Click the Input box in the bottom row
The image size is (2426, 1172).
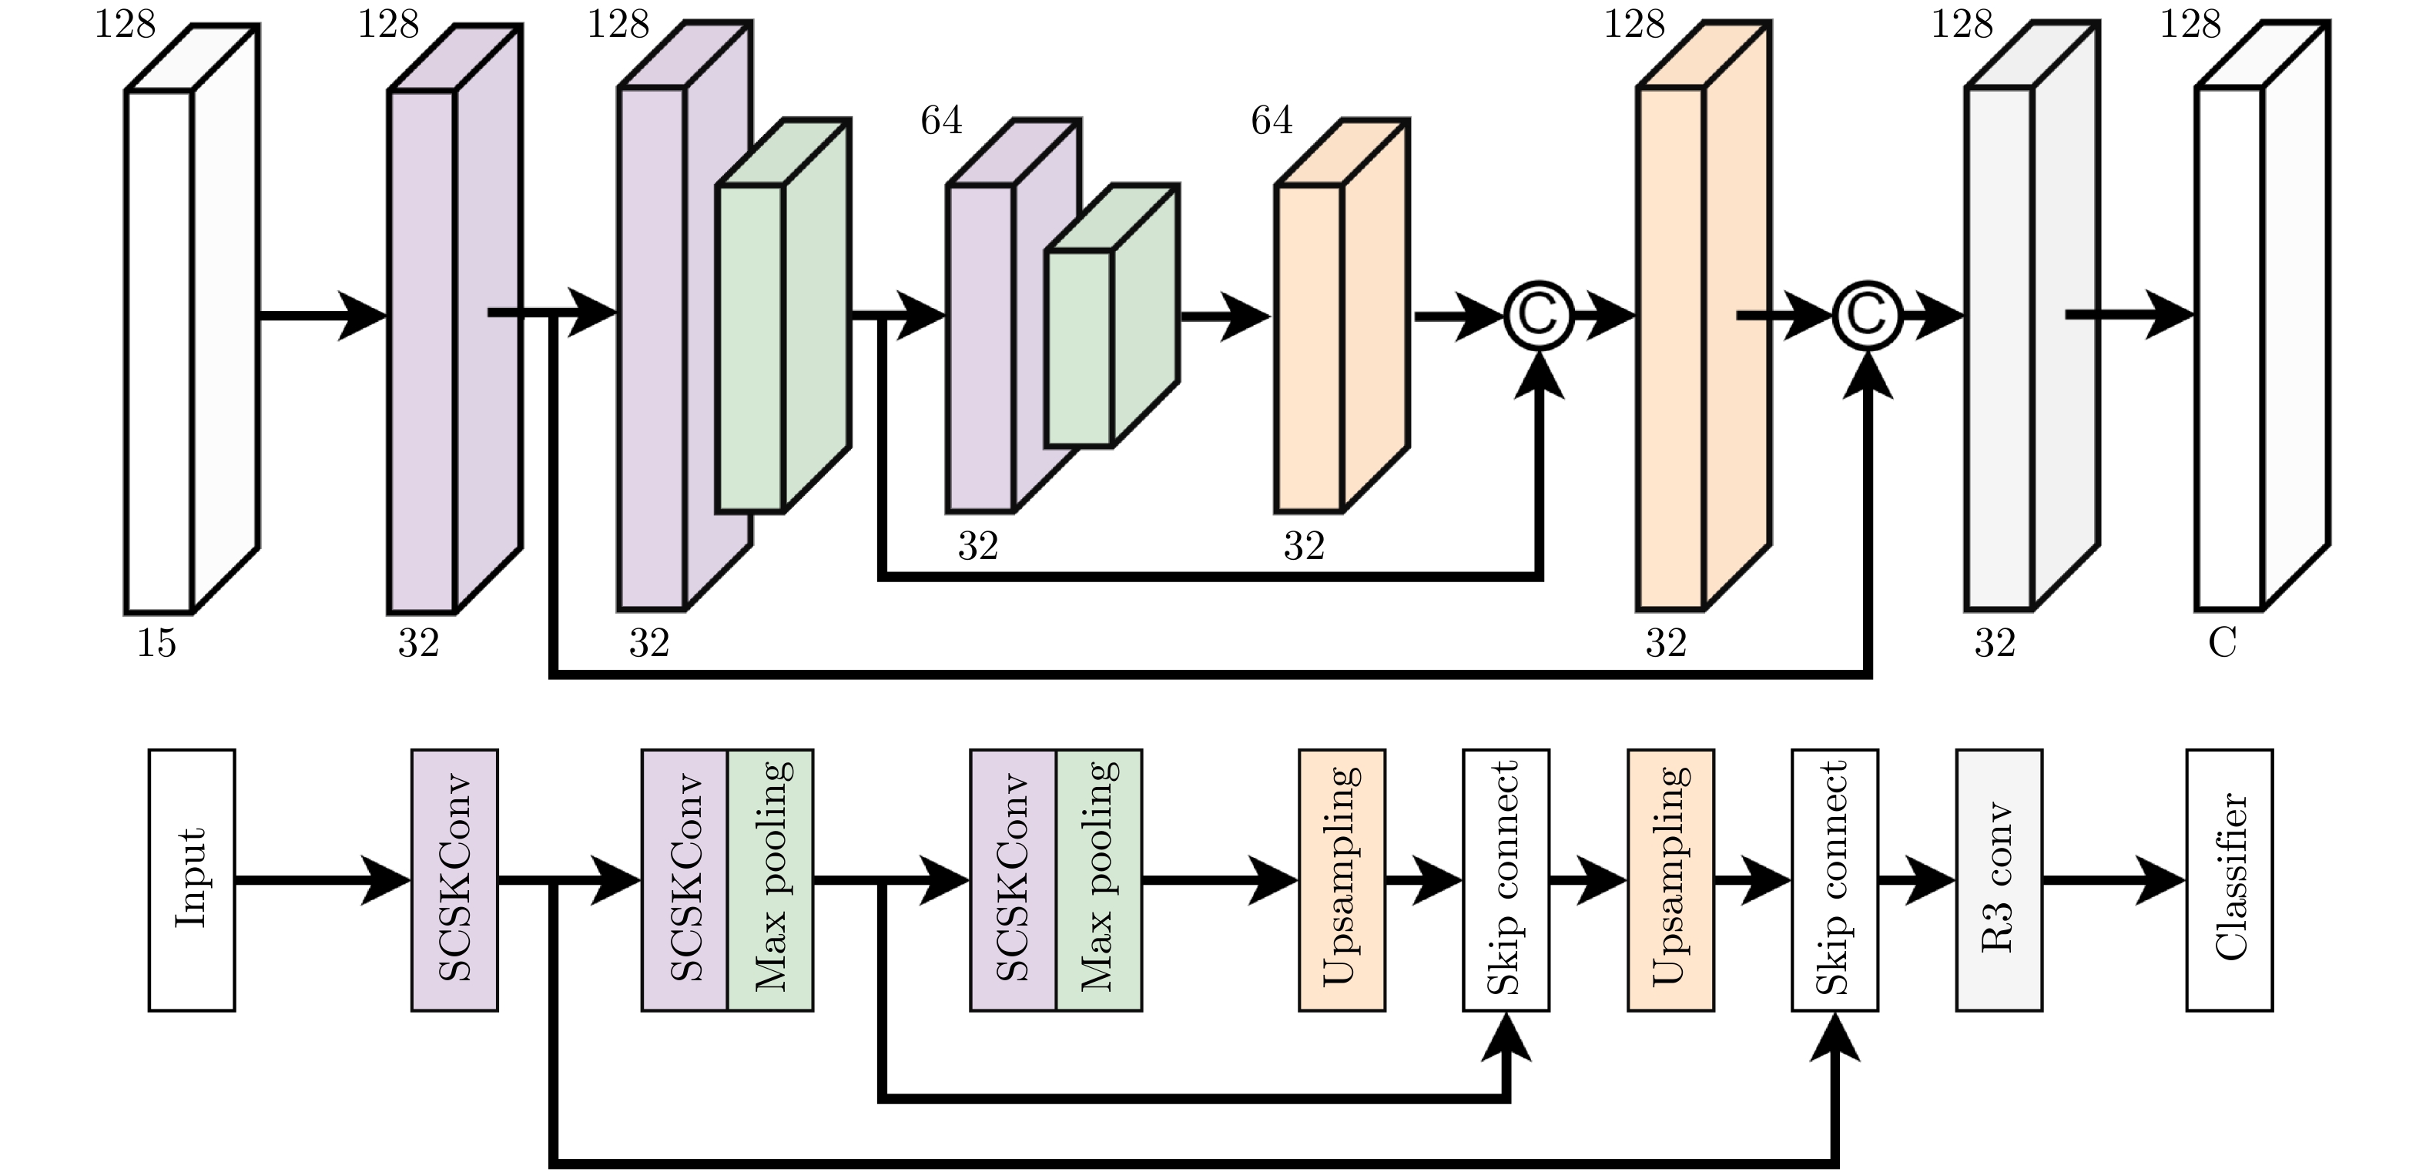point(191,879)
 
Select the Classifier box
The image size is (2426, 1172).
point(2229,879)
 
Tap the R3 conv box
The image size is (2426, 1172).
point(1999,879)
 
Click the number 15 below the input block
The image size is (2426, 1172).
point(156,643)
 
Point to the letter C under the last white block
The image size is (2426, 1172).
point(2223,643)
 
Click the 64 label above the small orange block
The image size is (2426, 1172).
point(1272,120)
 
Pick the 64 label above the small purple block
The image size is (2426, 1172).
point(942,120)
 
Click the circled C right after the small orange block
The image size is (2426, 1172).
point(1538,316)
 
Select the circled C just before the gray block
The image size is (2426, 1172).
point(1867,316)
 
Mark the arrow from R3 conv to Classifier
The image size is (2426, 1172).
point(2113,879)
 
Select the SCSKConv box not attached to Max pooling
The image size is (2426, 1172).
point(454,879)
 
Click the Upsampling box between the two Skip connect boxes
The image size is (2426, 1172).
point(1670,879)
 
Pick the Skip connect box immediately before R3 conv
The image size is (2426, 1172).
point(1835,879)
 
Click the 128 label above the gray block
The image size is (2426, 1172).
point(1962,24)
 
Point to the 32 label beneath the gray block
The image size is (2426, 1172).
point(1995,643)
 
